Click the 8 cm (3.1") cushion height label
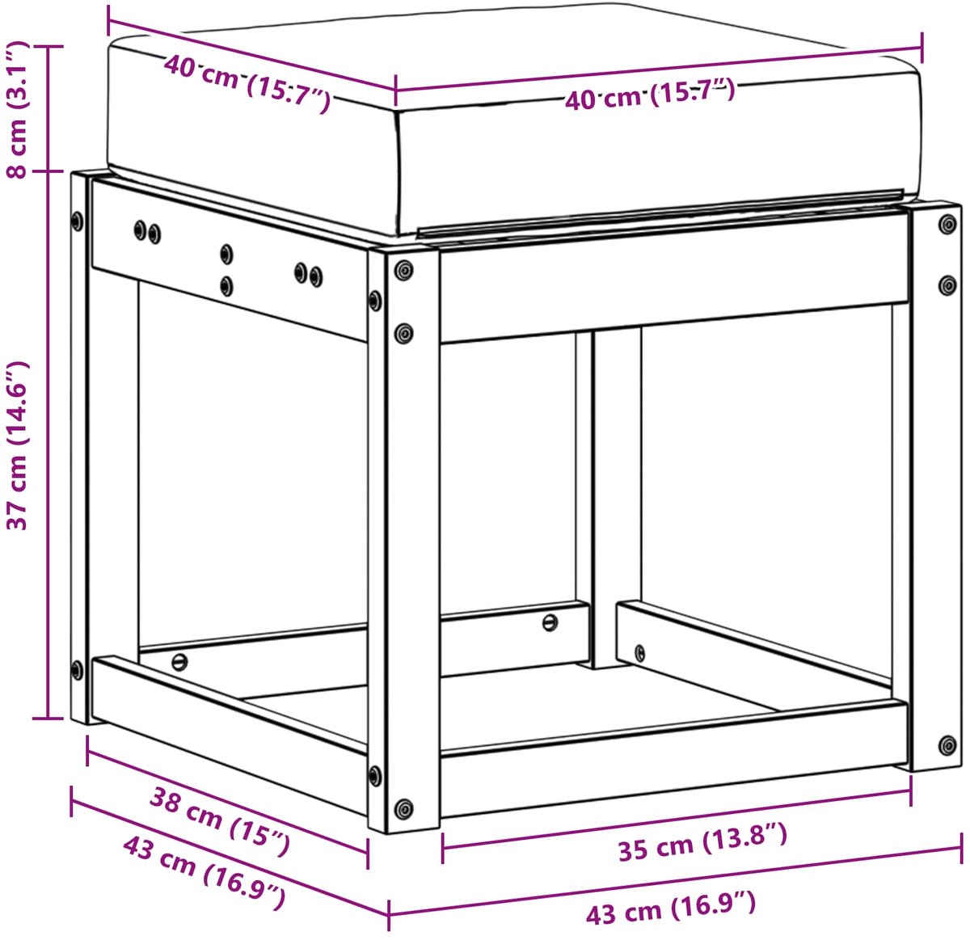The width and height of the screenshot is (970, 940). [18, 110]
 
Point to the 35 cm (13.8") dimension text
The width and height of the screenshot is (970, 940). [702, 842]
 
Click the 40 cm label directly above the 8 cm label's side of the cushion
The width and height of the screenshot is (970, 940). [247, 82]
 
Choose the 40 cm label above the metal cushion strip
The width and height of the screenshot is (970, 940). [650, 94]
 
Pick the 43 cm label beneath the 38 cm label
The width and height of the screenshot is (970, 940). [205, 872]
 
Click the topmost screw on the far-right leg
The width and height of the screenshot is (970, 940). [947, 224]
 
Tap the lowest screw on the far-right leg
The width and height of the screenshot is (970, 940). [947, 745]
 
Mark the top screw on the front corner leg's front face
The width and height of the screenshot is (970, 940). [403, 270]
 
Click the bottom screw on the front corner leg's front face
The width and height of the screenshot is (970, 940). [403, 808]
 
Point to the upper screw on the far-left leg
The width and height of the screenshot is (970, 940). [78, 221]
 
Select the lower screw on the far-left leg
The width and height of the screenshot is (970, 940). [78, 670]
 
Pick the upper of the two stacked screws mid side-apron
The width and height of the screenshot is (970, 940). [226, 254]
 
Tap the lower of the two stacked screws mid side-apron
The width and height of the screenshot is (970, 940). [226, 286]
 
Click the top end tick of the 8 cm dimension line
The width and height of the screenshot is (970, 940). [48, 46]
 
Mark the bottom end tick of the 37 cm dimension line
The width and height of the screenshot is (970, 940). [48, 719]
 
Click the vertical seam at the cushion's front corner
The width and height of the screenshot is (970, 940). [398, 172]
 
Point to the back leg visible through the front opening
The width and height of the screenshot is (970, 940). [617, 499]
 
